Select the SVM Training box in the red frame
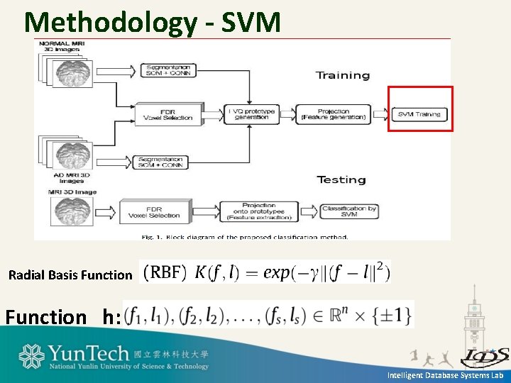pos(419,114)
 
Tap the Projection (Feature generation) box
pos(334,114)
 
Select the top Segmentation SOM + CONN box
pos(163,69)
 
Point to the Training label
pos(343,75)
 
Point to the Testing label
pos(341,179)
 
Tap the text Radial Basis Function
pos(70,274)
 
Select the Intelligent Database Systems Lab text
pos(445,375)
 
